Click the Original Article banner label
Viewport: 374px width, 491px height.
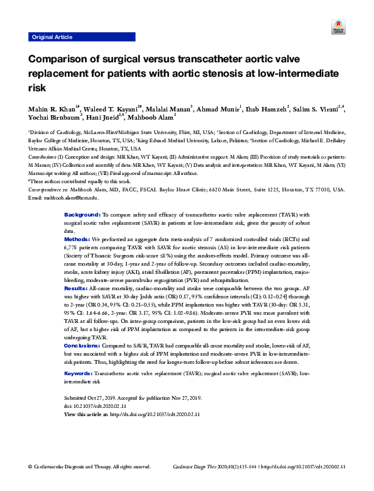[52, 38]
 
